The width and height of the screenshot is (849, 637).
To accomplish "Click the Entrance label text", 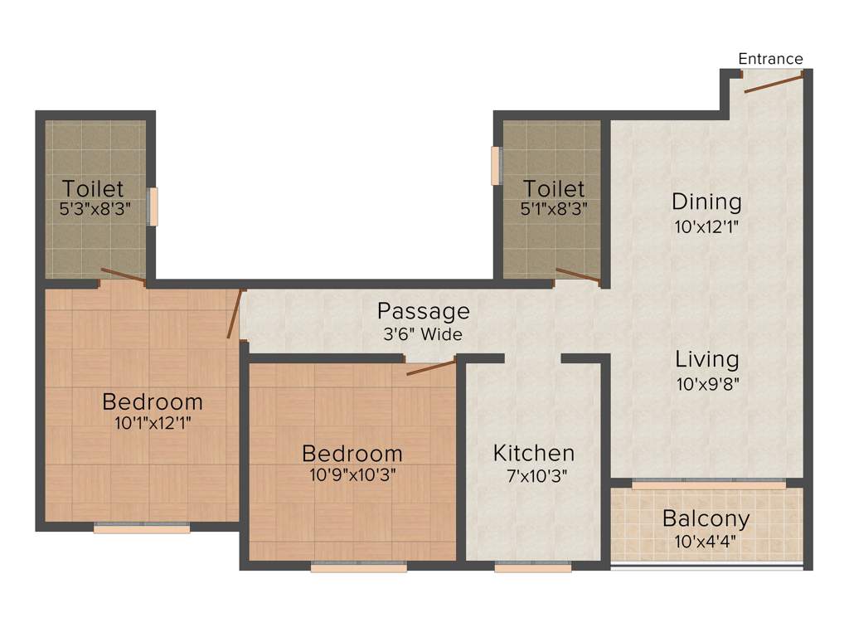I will [770, 59].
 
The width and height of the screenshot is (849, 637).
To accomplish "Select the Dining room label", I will [706, 202].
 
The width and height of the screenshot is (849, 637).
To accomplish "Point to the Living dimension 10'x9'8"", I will [706, 383].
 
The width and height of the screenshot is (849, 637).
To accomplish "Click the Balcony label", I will [706, 519].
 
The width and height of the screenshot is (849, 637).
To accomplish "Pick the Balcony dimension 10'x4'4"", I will [706, 542].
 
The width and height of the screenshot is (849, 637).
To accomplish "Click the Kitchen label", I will [533, 453].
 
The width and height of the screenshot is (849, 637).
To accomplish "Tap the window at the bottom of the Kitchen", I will [532, 568].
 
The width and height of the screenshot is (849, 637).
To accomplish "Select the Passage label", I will [423, 312].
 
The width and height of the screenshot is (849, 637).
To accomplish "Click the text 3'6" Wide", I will [423, 335].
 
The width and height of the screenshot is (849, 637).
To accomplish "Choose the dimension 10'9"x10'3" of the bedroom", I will [352, 476].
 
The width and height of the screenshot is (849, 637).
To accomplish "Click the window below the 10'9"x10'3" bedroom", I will [359, 568].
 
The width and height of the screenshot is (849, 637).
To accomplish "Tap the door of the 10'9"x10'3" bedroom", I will [431, 367].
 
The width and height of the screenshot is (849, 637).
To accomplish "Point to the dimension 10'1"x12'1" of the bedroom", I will [152, 423].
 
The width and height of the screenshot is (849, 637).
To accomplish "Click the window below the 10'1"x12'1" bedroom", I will [142, 528].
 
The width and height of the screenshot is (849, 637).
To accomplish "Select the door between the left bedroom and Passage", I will [235, 314].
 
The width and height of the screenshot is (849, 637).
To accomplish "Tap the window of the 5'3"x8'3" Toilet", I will [153, 207].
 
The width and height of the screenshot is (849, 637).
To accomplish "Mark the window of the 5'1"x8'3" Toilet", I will [496, 166].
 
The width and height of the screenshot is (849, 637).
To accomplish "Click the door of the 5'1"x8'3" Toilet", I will [578, 276].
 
